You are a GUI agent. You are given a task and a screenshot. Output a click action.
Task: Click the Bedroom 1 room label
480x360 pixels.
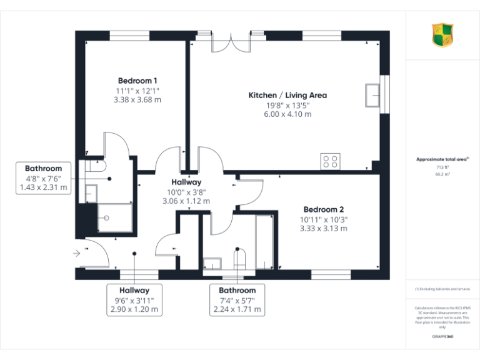point(137,81)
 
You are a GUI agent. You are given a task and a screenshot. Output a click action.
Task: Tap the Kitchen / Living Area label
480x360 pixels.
point(287,96)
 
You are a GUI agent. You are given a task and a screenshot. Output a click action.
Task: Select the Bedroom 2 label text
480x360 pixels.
point(324,209)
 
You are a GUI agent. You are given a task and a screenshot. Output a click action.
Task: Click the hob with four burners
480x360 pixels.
point(330,161)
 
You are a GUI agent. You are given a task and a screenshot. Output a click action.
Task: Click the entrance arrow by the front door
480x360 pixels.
point(77,253)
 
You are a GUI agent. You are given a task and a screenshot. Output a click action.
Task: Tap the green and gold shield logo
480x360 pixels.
point(442,34)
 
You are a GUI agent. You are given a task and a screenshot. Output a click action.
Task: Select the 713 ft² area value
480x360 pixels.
point(442,168)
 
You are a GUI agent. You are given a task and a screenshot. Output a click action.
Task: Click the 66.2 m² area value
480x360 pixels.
point(442,175)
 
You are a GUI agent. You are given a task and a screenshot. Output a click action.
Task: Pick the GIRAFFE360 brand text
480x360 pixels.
point(442,337)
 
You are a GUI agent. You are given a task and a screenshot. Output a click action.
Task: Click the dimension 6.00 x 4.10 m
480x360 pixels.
point(287,114)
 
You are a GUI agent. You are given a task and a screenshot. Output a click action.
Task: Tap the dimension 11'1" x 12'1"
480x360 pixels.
point(137,91)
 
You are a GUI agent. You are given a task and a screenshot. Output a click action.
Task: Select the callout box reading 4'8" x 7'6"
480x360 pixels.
point(43,178)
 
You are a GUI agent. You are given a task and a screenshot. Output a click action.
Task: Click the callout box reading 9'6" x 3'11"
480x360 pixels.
point(134,300)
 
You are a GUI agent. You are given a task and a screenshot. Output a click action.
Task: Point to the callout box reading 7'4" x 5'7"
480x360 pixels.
point(237,300)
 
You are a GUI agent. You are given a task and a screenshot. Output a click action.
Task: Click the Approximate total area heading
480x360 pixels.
point(442,159)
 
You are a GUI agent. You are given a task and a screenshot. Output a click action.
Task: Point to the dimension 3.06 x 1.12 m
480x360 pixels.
point(186,201)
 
